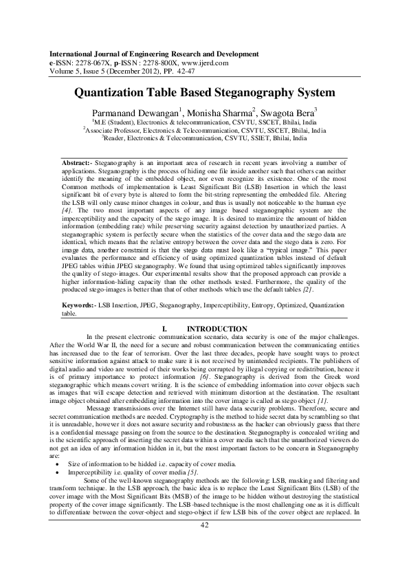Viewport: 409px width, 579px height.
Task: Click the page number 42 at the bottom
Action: pyautogui.click(x=203, y=545)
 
